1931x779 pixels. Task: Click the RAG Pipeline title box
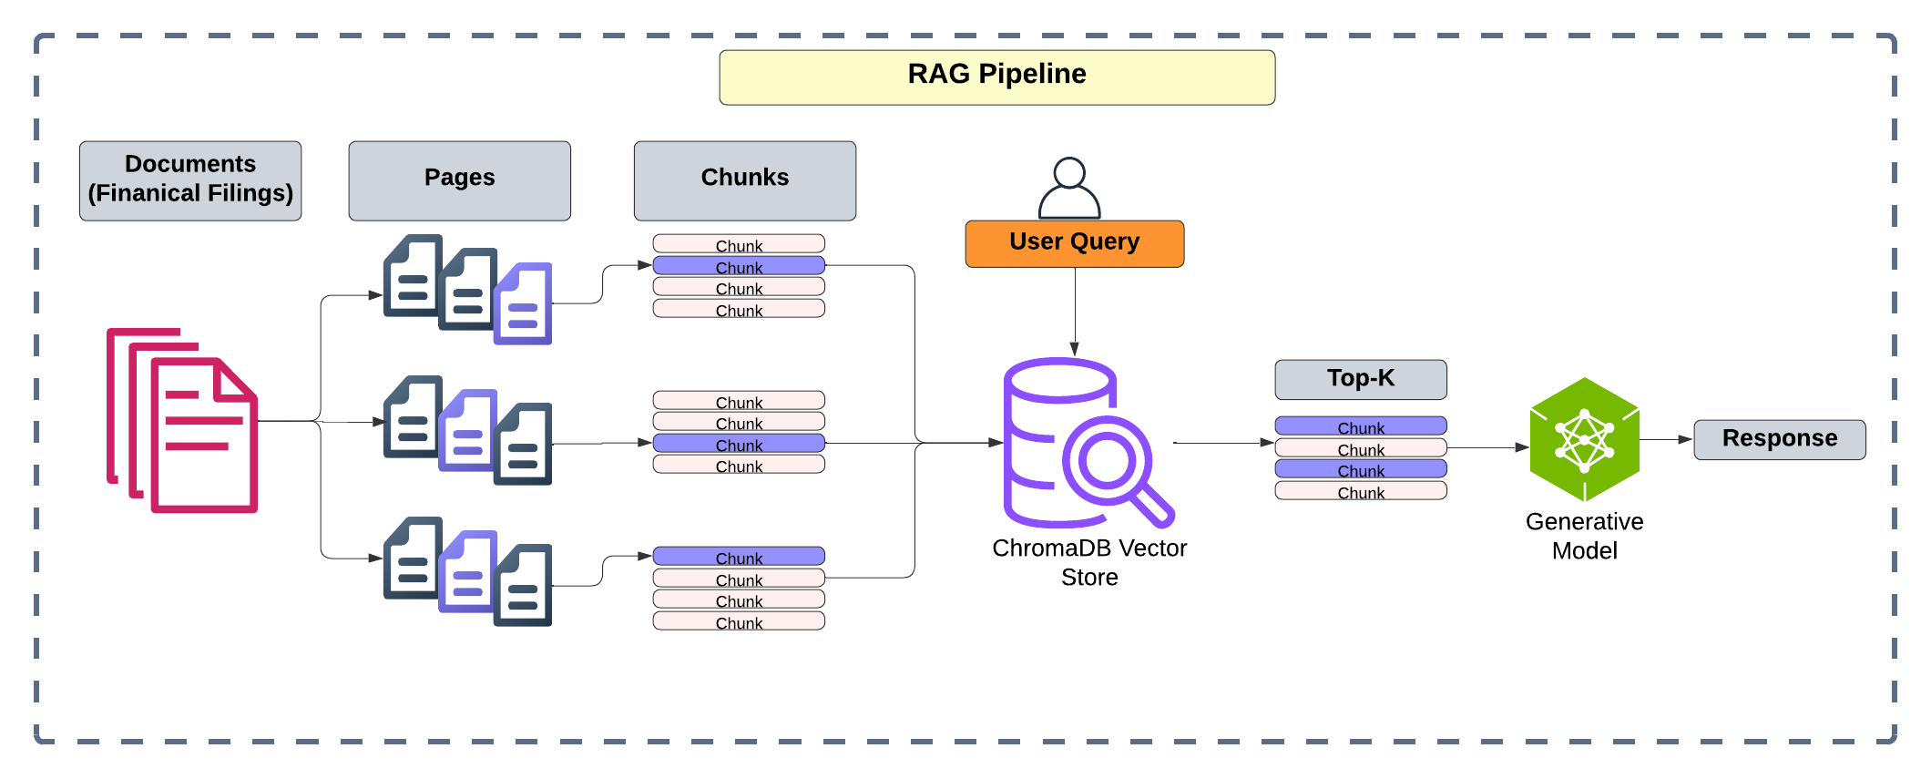coord(996,77)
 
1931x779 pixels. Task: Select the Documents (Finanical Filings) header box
coord(190,180)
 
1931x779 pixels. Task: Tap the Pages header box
coord(459,180)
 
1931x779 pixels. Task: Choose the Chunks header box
coord(744,180)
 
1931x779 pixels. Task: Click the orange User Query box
coord(1074,243)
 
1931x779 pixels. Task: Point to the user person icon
coord(1069,188)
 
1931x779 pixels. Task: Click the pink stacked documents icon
coord(183,420)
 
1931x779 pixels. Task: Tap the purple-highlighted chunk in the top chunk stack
coord(739,266)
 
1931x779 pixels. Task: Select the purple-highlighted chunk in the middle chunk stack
coord(739,444)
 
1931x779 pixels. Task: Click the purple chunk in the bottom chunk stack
coord(739,557)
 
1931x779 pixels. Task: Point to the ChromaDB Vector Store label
coord(1089,562)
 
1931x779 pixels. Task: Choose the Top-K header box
coord(1360,379)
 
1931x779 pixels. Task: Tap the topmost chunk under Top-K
coord(1360,426)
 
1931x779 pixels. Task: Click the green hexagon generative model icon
coord(1584,440)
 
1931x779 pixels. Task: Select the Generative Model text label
coord(1584,536)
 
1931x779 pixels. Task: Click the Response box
coord(1779,439)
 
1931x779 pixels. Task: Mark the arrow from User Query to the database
coord(1075,310)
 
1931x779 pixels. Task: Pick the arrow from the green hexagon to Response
coord(1666,439)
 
